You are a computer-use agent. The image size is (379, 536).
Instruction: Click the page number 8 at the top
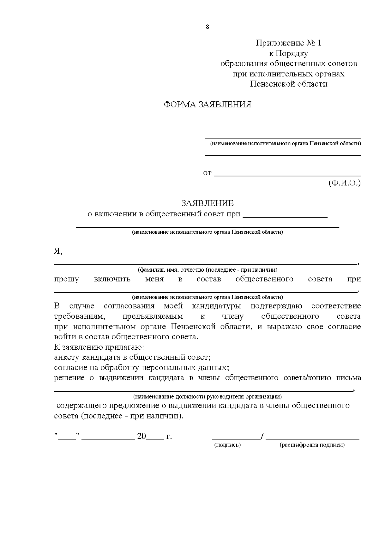pos(207,27)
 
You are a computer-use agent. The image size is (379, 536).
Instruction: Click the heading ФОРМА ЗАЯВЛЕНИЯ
pos(207,105)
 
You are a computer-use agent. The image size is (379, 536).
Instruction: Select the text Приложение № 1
pos(288,43)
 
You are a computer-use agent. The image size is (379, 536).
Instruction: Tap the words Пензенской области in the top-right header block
pos(288,84)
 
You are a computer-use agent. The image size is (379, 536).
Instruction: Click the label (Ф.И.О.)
pos(344,183)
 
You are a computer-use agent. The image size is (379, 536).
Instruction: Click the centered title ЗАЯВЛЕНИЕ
pos(207,203)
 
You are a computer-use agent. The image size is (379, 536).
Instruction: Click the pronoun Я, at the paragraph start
pos(58,251)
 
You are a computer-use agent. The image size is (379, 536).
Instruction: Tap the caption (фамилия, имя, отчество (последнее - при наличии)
pos(207,270)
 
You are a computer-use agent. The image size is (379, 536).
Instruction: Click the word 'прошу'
pos(66,279)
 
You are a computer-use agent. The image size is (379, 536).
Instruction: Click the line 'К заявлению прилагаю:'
pos(99,347)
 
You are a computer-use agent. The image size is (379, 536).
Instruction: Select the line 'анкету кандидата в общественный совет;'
pos(132,358)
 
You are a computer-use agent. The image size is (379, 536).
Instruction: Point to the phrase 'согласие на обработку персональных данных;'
pos(141,368)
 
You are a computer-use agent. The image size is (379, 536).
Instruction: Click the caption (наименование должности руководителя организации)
pos(207,396)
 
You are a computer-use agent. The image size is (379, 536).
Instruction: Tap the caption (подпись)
pos(227,445)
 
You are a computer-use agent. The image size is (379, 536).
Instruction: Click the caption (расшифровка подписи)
pos(312,445)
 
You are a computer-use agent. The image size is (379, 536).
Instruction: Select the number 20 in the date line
pos(142,437)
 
